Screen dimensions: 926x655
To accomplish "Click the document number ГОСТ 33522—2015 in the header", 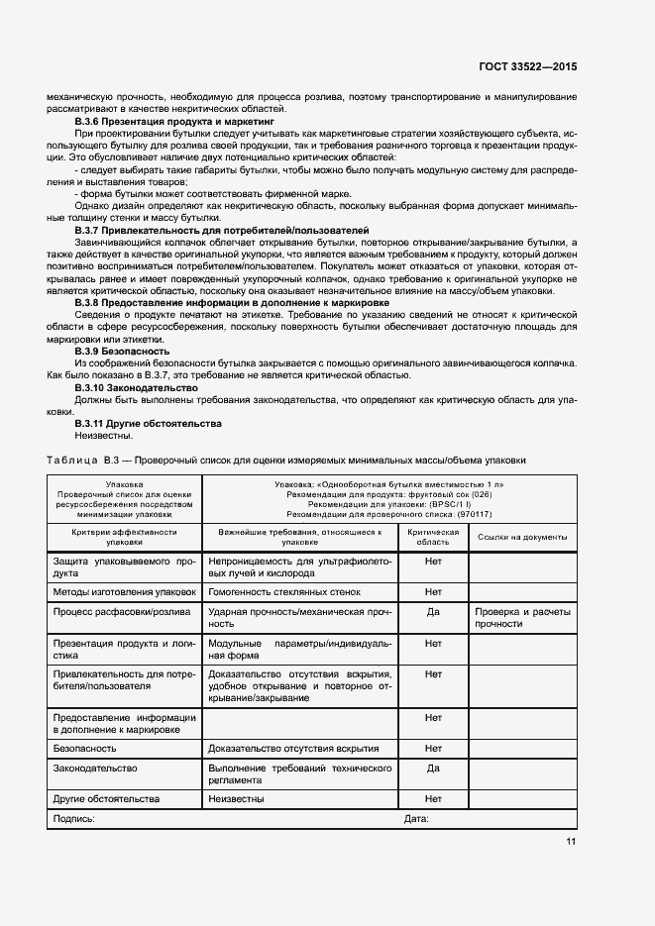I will point(527,65).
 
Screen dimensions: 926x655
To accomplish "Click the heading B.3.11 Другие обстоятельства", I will point(134,423).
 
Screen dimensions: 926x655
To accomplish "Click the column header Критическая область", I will point(433,537).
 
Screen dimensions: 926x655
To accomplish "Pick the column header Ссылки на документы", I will point(522,537).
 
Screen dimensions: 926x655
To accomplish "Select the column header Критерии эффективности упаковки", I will point(125,537).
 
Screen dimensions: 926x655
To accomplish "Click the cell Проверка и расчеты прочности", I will point(522,618).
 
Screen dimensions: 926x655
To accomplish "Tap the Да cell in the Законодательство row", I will point(433,768).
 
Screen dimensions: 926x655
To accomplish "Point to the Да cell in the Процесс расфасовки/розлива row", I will point(433,612).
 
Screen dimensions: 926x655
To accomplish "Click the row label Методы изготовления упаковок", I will point(125,592).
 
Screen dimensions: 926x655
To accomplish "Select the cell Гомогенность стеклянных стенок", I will point(284,592).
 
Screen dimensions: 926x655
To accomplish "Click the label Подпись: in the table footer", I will point(74,819).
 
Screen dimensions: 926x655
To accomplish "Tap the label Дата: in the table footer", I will point(416,819).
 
